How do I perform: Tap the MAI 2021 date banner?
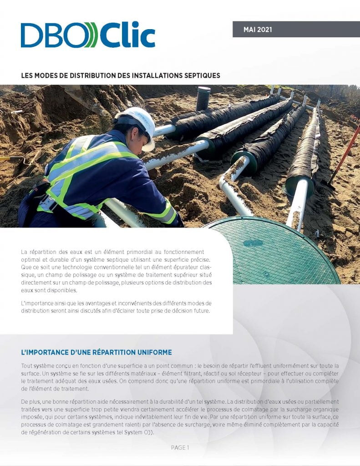258,30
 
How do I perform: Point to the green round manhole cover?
273,250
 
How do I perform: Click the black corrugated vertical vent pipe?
203,98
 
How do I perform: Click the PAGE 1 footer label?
180,448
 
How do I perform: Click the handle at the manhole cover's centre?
253,243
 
